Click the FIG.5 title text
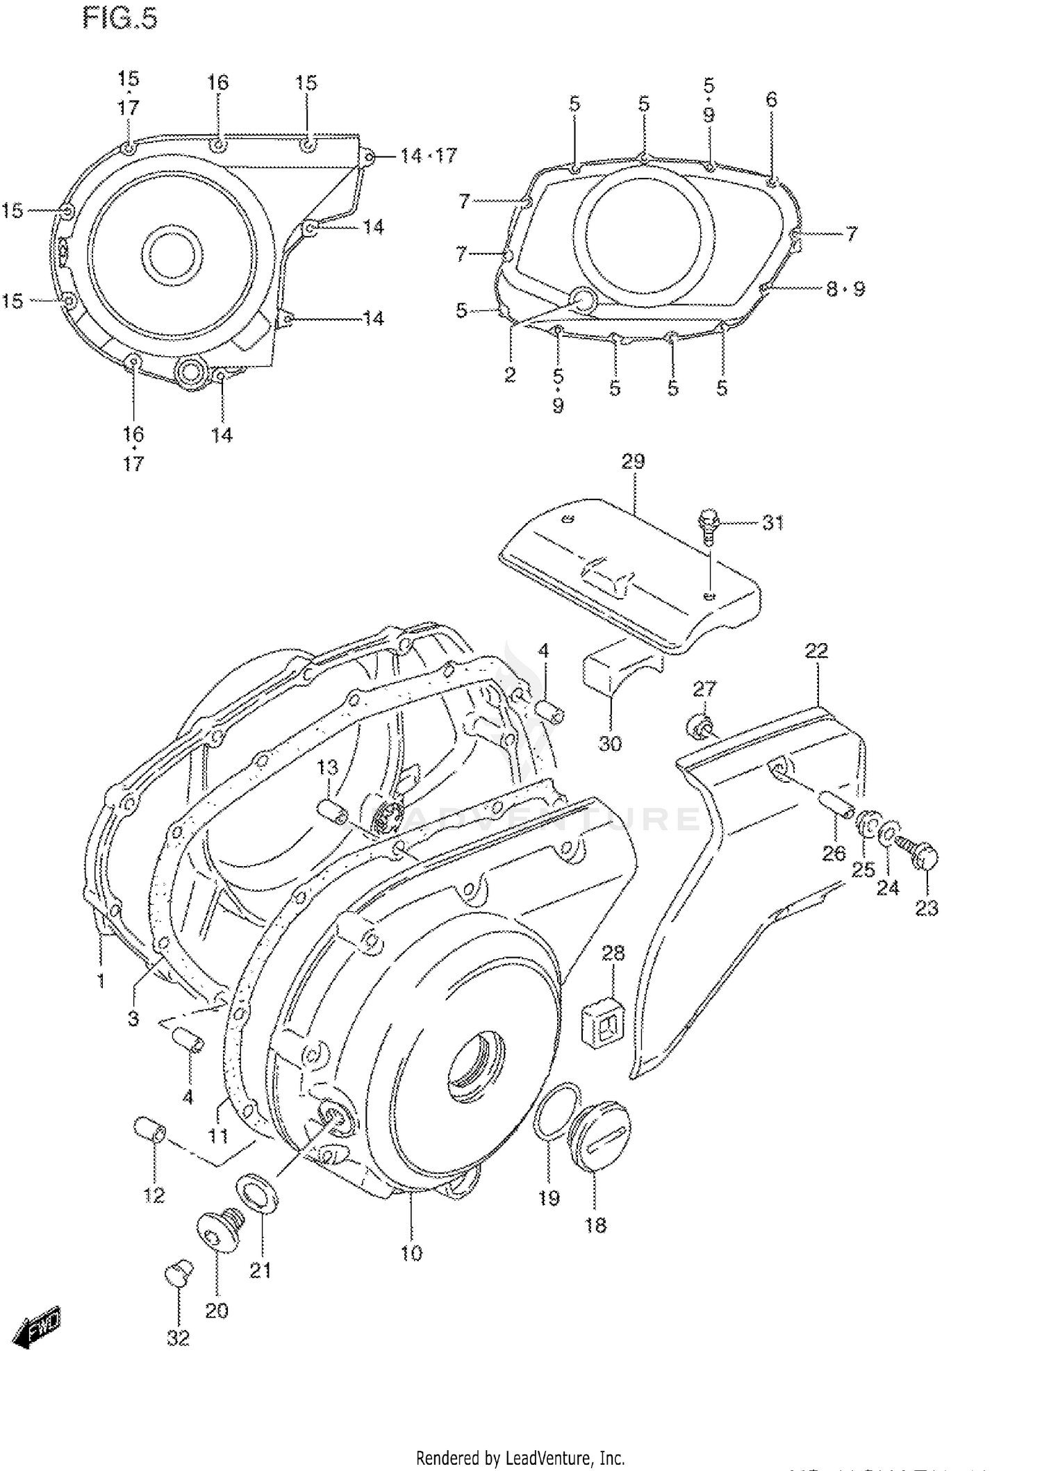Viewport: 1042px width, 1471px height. [120, 19]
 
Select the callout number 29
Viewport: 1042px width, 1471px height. [632, 461]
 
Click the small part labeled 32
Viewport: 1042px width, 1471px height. [178, 1272]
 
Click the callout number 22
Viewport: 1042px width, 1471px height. [816, 651]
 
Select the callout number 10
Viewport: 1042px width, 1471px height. [411, 1253]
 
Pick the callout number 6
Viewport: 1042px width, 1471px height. [771, 99]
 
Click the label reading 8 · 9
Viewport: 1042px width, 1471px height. [845, 288]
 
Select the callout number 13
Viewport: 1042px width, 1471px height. [327, 767]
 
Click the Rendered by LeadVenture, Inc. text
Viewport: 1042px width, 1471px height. [520, 1458]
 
